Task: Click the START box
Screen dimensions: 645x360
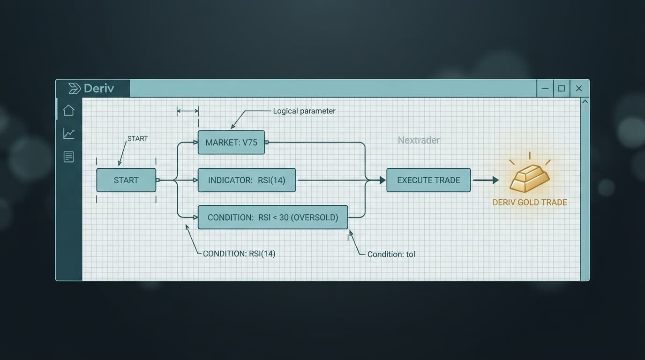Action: pos(126,180)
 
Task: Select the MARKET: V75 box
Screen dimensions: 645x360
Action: pos(231,142)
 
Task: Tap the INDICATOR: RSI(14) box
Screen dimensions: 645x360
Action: pos(247,180)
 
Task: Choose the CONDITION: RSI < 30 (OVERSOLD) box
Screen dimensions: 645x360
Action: pos(273,217)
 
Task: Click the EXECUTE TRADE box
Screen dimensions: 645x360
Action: pos(428,180)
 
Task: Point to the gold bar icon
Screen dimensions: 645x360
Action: pos(530,178)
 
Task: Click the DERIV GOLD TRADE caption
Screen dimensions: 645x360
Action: pos(530,202)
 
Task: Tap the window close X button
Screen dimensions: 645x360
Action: pos(579,89)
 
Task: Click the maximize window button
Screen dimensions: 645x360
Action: pos(562,89)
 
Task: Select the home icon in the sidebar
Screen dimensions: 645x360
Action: pos(68,110)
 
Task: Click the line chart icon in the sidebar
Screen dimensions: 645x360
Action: pos(69,134)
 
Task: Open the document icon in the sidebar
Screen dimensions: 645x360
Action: pos(68,157)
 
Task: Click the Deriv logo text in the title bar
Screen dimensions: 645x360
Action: pos(99,89)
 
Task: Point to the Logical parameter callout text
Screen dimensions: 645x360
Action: pos(304,111)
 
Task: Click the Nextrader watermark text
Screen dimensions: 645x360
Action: pos(419,140)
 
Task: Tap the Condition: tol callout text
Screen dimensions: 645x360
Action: pos(391,255)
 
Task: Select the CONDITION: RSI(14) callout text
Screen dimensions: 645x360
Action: pos(239,254)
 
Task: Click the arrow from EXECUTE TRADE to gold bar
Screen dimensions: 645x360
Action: pos(486,180)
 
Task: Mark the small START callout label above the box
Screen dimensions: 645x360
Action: pos(138,139)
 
